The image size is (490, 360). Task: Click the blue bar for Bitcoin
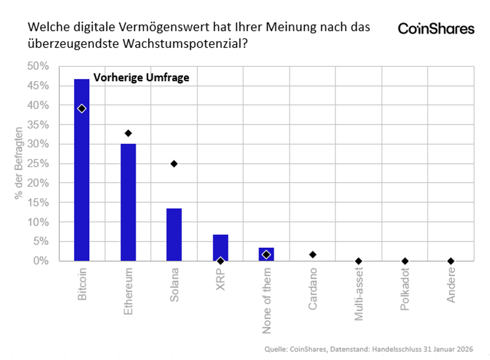click(82, 173)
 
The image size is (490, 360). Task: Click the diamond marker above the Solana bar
click(174, 164)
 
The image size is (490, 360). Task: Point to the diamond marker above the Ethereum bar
click(128, 133)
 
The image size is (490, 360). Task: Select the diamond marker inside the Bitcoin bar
click(82, 108)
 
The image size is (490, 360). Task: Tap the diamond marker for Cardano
click(313, 255)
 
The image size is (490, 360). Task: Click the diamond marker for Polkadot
click(405, 261)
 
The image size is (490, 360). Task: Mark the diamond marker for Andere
click(451, 261)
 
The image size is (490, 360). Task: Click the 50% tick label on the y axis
click(39, 66)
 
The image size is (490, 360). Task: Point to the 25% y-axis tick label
click(39, 164)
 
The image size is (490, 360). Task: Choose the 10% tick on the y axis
click(39, 222)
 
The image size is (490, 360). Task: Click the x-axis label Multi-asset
click(359, 294)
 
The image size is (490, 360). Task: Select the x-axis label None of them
click(267, 300)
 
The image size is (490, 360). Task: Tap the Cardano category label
click(313, 289)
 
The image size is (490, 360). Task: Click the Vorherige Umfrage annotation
click(141, 78)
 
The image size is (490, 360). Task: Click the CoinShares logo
click(436, 29)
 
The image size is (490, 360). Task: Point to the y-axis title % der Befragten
click(19, 163)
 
